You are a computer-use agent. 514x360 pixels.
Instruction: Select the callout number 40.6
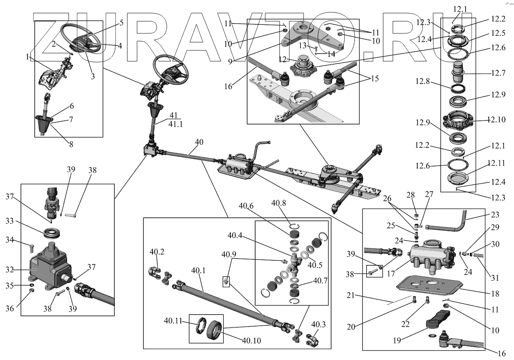pyautogui.click(x=247, y=206)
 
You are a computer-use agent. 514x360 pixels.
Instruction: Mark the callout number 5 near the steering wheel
pyautogui.click(x=121, y=23)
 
